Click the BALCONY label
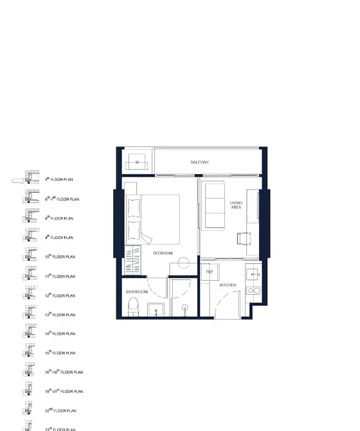199,163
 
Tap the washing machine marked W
137,163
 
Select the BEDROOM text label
163,253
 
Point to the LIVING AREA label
237,206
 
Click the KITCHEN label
228,285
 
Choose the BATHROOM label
136,292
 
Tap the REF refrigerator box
210,272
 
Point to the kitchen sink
254,273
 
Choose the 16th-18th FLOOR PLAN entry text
64,373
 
